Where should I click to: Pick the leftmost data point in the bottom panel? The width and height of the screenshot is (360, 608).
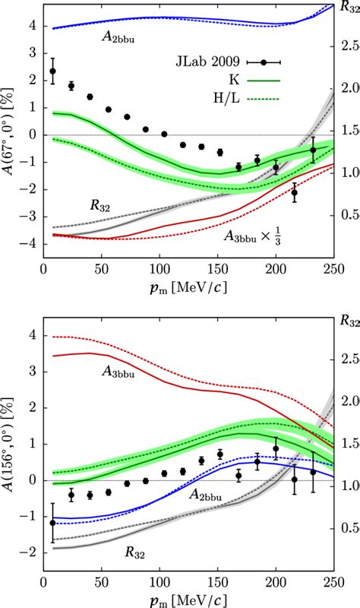(x=52, y=523)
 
